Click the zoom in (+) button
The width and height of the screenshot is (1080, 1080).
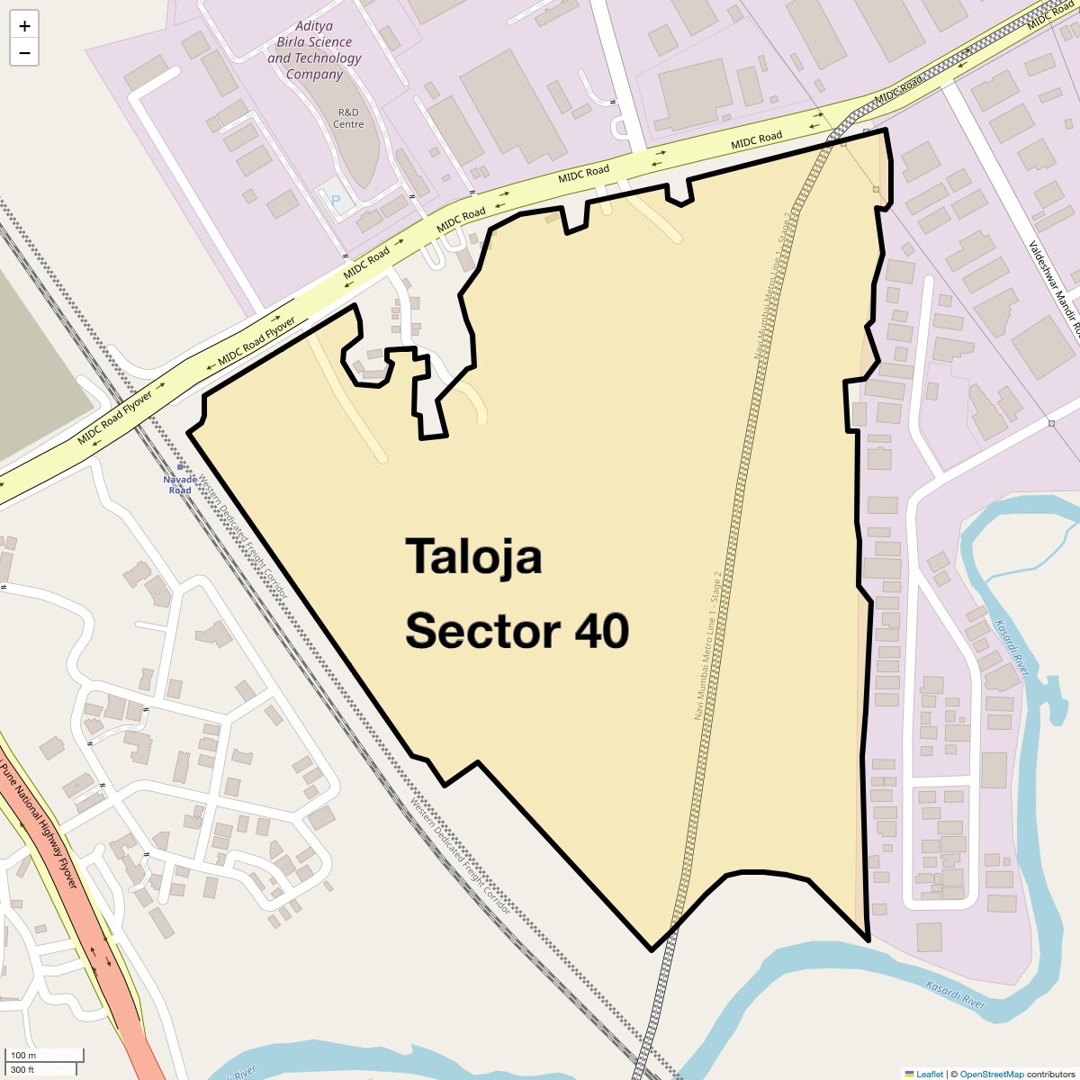(x=24, y=26)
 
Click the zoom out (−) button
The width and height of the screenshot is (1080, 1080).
(x=24, y=53)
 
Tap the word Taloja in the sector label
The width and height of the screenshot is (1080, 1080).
(x=473, y=557)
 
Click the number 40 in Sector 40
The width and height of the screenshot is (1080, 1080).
(x=602, y=631)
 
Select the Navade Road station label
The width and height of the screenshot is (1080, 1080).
(x=180, y=485)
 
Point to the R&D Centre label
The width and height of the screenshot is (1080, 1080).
(x=348, y=118)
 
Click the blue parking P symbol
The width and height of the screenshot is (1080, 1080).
(x=337, y=201)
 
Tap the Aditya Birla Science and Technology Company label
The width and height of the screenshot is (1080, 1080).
(x=314, y=50)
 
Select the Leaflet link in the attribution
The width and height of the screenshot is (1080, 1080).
(x=929, y=1074)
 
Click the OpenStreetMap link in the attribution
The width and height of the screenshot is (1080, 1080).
(x=991, y=1074)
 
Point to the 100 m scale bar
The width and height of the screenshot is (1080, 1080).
(x=45, y=1056)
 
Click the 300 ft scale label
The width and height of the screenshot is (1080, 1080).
(x=23, y=1070)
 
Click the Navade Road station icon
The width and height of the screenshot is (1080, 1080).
(x=181, y=466)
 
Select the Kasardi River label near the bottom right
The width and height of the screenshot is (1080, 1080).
(x=956, y=994)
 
